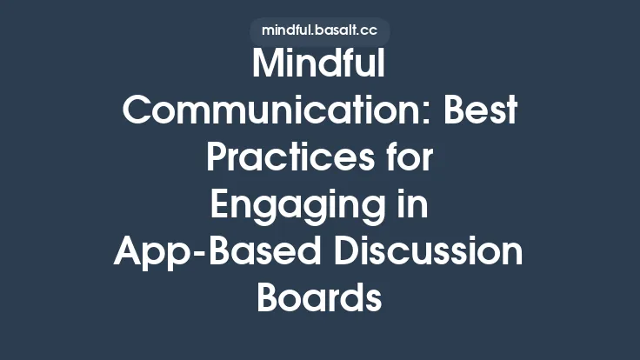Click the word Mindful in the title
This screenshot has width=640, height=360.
[319, 67]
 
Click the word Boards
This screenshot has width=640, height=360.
[319, 298]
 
